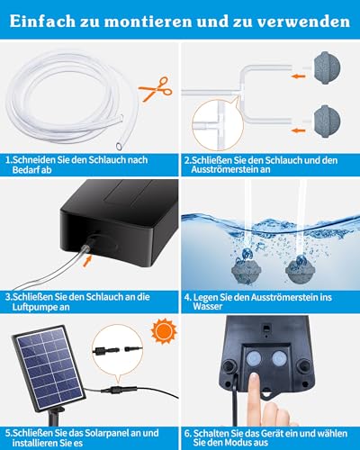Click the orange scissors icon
click(156, 89)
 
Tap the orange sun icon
click(164, 331)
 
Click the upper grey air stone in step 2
click(328, 67)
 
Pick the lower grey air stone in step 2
click(328, 121)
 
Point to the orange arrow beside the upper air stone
click(298, 76)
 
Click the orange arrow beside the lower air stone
click(298, 130)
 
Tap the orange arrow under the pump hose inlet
click(86, 261)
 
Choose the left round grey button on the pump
click(254, 358)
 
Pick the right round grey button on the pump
click(279, 358)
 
